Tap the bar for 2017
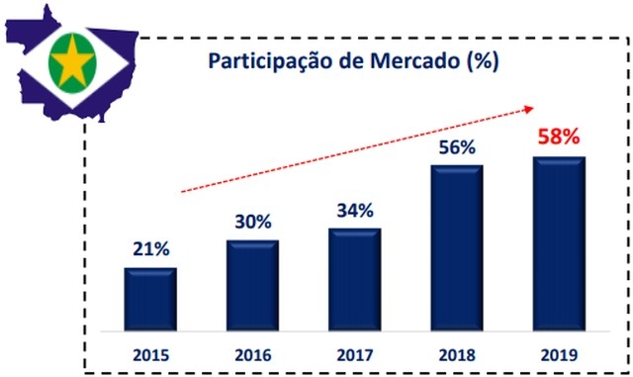pos(354,279)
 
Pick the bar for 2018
pos(457,246)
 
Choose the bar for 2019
pos(559,242)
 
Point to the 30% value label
pos(253,223)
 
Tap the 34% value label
pos(354,211)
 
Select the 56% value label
pos(457,147)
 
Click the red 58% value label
pos(559,137)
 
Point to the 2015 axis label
pos(150,353)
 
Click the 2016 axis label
pos(252,353)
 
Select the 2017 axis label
pos(354,353)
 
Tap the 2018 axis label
pos(457,353)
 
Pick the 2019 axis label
pos(559,353)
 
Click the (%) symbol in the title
pos(482,60)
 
